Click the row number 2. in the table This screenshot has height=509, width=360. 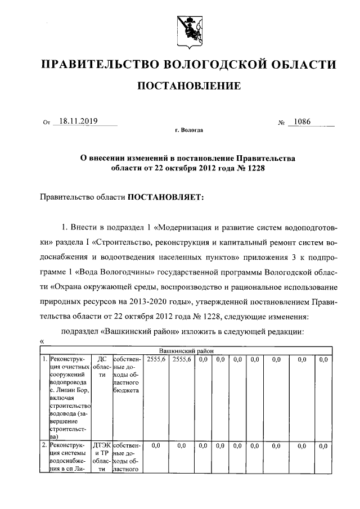tap(44, 445)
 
